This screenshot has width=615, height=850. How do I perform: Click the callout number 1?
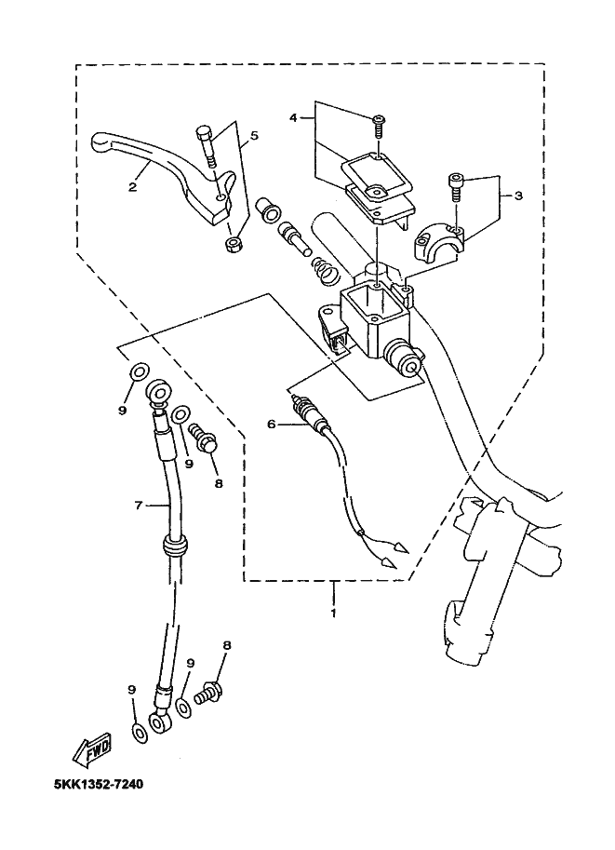point(332,614)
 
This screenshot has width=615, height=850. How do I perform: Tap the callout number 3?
point(518,196)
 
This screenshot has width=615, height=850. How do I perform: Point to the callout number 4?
point(293,118)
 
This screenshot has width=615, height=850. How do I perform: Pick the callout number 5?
point(255,136)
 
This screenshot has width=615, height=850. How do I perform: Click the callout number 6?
point(272,424)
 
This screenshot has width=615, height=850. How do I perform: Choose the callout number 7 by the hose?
point(138,506)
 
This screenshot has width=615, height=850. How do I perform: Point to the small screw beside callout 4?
point(380,121)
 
